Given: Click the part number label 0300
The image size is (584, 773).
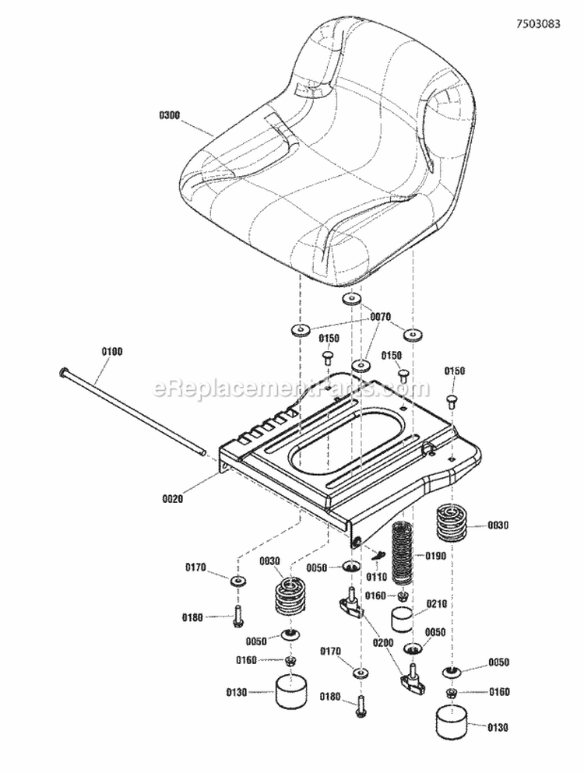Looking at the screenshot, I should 169,115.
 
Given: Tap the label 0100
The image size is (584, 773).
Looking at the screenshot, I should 113,352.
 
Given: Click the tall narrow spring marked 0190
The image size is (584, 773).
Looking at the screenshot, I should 403,554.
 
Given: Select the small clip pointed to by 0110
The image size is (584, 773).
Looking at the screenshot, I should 379,554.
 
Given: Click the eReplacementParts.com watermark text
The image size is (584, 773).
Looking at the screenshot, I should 292,387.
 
